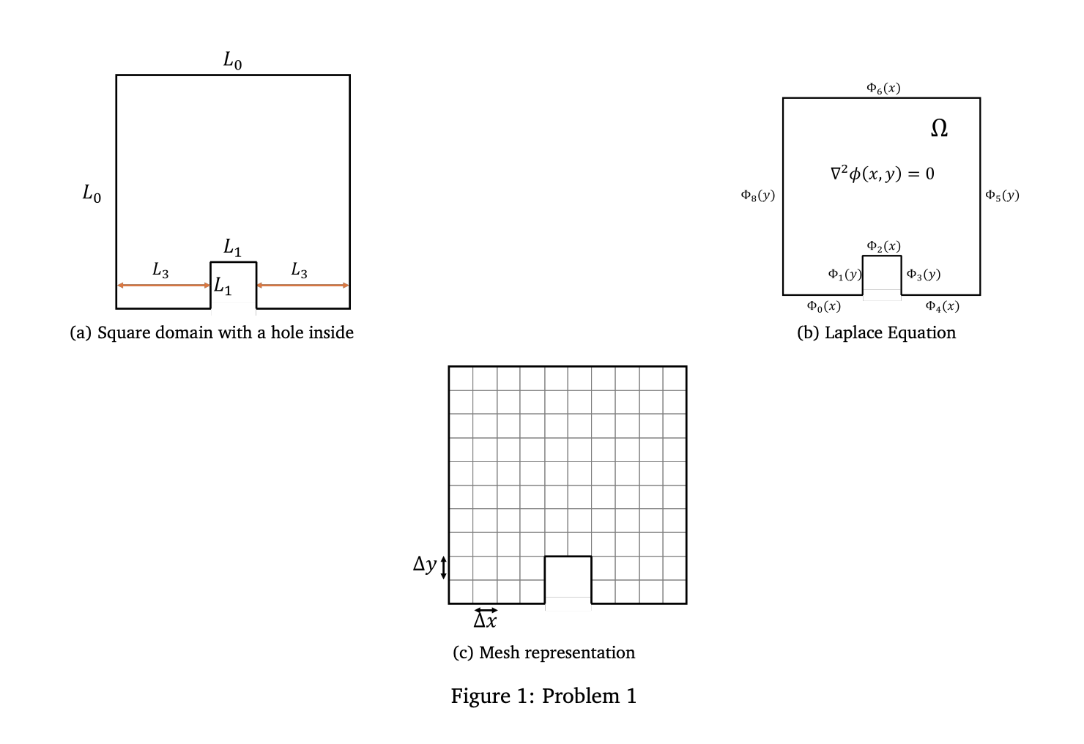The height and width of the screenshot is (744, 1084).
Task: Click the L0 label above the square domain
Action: (232, 60)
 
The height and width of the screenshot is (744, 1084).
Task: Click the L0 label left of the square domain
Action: (92, 194)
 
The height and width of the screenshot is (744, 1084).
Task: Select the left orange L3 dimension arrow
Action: (163, 285)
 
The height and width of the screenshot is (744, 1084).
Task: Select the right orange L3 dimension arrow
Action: (302, 285)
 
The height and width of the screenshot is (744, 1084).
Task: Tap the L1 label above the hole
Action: (232, 248)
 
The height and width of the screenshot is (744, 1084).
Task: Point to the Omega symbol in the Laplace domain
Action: (939, 129)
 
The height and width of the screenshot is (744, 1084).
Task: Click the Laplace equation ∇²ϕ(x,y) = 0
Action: (882, 174)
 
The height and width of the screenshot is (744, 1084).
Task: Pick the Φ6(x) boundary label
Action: (883, 88)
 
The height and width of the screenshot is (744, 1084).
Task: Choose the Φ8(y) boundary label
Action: (757, 195)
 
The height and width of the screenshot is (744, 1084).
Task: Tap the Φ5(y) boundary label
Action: (1002, 195)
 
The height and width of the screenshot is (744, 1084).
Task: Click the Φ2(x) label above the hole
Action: (883, 246)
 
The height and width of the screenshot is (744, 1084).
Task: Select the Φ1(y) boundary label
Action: (844, 274)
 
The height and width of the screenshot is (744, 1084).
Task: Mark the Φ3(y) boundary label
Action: (923, 274)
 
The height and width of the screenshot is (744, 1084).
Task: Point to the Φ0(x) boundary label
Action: (823, 306)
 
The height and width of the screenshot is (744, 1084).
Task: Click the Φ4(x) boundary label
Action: (942, 306)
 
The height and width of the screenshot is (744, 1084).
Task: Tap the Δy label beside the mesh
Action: (424, 564)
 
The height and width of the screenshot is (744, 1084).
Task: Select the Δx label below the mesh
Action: (485, 622)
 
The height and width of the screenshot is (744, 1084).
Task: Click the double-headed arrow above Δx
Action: (486, 610)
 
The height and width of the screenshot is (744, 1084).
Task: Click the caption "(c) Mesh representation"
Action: (543, 652)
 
